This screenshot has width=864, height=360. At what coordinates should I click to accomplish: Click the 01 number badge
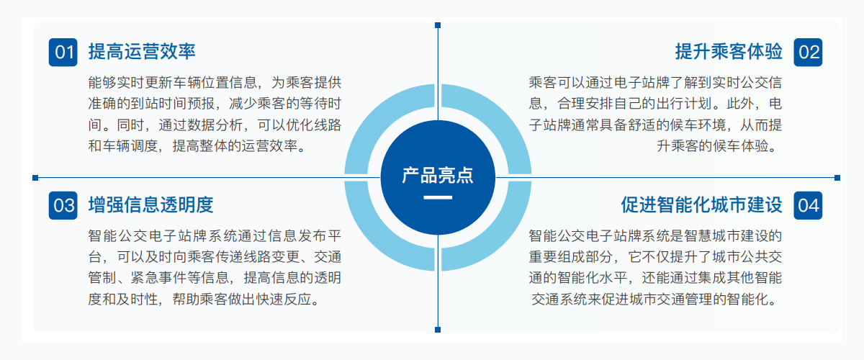click(63, 52)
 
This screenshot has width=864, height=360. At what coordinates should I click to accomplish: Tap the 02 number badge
click(808, 52)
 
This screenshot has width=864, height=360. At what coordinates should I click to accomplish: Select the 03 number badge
click(63, 205)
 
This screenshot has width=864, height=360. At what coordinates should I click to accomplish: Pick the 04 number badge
click(808, 205)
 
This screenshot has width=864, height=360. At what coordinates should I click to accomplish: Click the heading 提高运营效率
click(142, 52)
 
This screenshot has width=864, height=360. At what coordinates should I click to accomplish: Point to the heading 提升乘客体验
click(729, 52)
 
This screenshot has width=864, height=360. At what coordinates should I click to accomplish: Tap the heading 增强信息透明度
click(150, 205)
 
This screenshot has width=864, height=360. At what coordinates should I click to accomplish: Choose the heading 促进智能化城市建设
click(701, 205)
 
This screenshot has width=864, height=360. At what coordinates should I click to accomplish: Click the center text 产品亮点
click(438, 176)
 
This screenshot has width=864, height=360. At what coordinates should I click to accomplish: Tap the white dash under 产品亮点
click(438, 197)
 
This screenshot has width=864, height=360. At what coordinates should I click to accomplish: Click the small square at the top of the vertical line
click(438, 25)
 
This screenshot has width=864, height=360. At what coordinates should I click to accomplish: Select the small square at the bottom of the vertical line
click(438, 330)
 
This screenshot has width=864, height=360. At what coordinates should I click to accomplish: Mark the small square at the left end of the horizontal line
click(35, 178)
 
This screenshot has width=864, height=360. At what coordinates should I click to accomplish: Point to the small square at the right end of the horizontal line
click(837, 178)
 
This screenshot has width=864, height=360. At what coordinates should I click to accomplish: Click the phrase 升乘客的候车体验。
click(719, 146)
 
